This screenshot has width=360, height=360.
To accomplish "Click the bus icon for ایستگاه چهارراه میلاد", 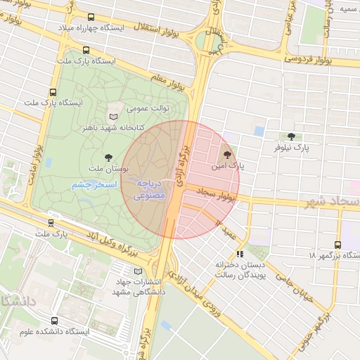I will [90, 17].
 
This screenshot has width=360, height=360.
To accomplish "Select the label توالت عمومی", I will [145, 110].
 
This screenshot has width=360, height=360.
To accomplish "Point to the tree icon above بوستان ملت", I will [108, 157].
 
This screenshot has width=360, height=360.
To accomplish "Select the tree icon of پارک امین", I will [226, 155].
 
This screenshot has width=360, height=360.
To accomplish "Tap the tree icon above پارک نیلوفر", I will [292, 136].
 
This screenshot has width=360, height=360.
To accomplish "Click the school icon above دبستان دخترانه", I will [240, 254].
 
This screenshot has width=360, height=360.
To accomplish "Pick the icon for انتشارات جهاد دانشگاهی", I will [137, 271].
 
